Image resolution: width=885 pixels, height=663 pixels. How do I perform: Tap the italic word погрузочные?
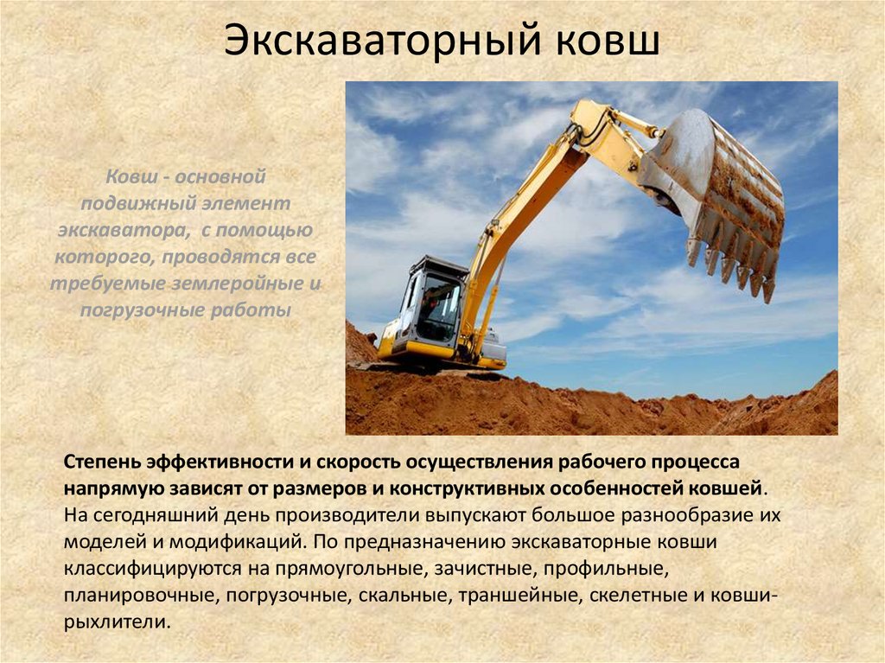(x=135, y=309)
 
